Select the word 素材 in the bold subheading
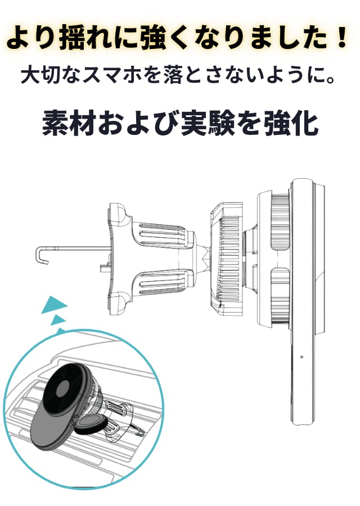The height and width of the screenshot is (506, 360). (x=70, y=123)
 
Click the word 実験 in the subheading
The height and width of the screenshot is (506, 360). (x=208, y=123)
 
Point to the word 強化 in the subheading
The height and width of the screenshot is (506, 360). (x=291, y=123)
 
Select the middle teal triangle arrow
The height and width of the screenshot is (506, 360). (x=57, y=320)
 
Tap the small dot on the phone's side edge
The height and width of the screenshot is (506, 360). (x=301, y=357)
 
